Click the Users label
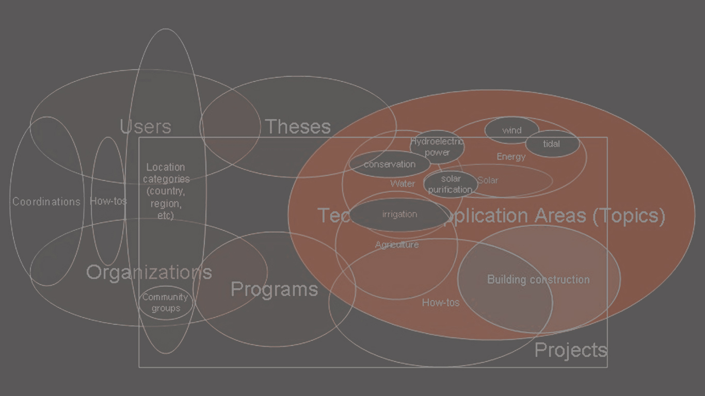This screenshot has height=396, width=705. pos(146,126)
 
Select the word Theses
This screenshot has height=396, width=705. pos(298,126)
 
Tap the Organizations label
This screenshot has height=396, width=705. pos(149,272)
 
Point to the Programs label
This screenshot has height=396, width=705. pos(274,289)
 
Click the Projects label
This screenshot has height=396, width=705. pos(571,350)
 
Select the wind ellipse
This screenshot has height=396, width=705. pos(511,130)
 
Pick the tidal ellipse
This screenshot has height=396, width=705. pos(552,144)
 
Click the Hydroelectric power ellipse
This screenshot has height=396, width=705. pos(437,147)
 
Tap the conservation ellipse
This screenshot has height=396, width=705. pos(390,164)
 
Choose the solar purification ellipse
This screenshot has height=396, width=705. pos(451,184)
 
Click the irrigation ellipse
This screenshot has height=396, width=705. pos(400,214)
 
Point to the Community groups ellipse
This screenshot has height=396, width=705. pos(165,303)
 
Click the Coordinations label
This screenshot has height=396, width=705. pos(46,202)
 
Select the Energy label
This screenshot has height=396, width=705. pos(511,157)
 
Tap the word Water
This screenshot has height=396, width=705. pos(403,184)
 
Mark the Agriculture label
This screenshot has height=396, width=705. pos(397,244)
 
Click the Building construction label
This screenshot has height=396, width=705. pos(538,279)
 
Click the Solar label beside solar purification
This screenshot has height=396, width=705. pos(488,180)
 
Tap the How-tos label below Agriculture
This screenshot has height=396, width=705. pos(441,303)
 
